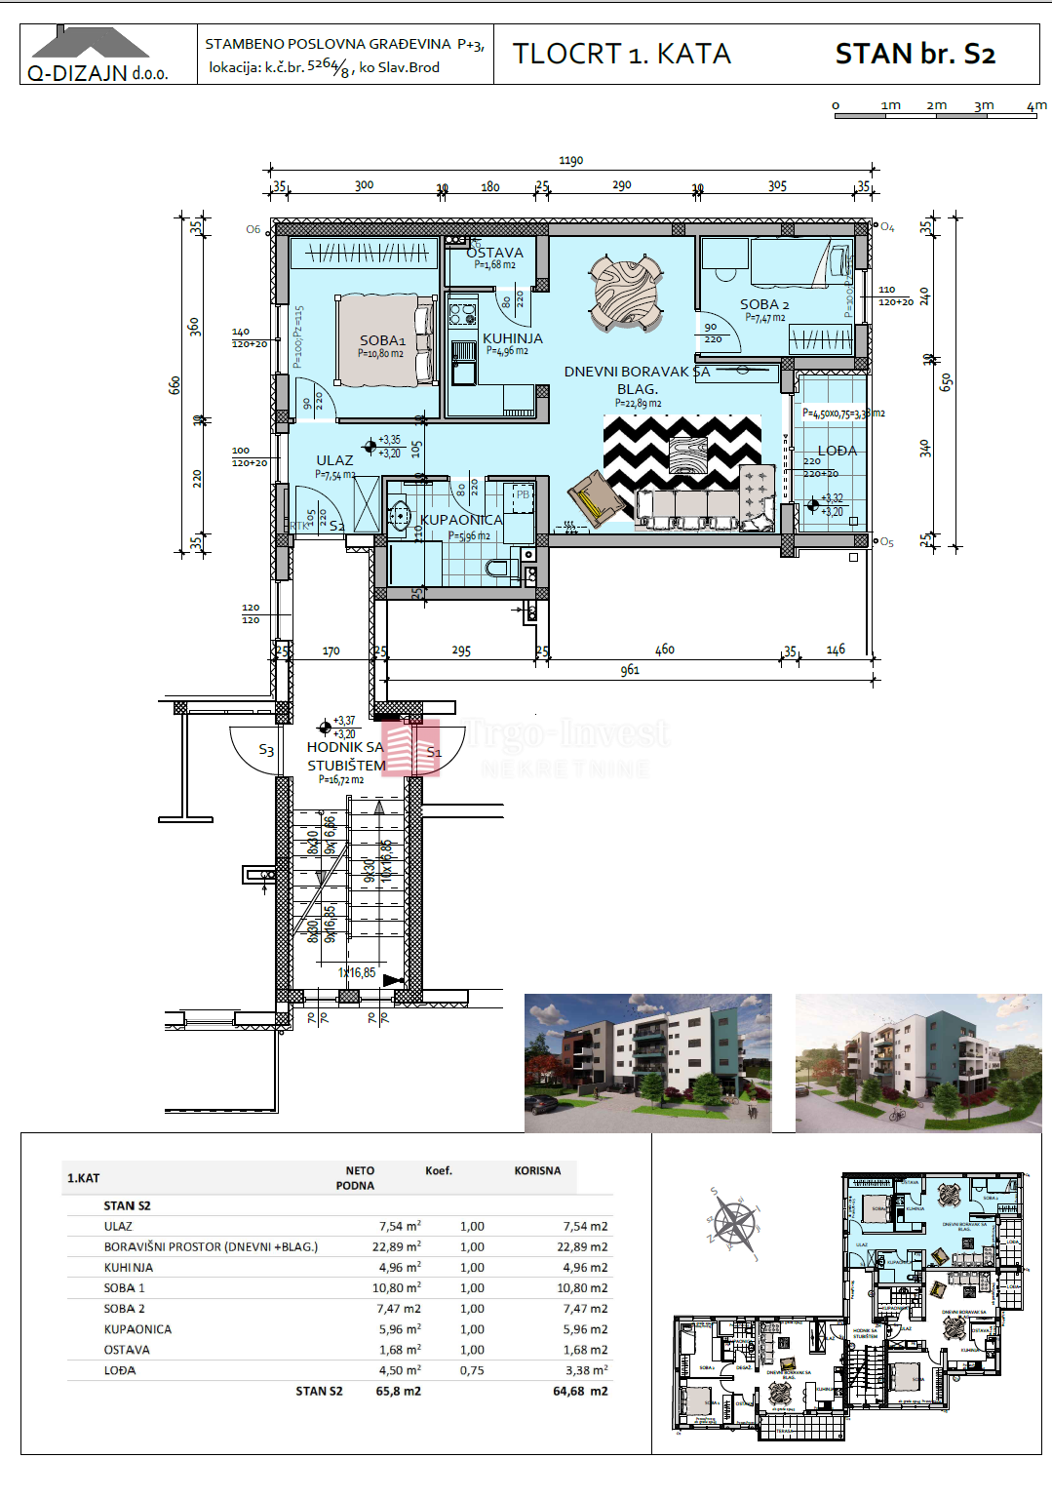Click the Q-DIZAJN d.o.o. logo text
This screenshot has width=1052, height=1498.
pyautogui.click(x=97, y=73)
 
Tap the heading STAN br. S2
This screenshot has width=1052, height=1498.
pyautogui.click(x=915, y=54)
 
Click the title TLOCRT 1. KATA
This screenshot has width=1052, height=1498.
pyautogui.click(x=622, y=54)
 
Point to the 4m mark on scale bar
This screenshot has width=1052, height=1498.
pyautogui.click(x=1035, y=105)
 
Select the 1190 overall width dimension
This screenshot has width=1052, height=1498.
pyautogui.click(x=571, y=161)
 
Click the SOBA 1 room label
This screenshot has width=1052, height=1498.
pyautogui.click(x=382, y=340)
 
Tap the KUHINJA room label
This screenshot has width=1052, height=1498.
pyautogui.click(x=513, y=338)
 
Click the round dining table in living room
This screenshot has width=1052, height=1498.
pyautogui.click(x=626, y=292)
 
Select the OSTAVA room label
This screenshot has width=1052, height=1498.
pyautogui.click(x=495, y=253)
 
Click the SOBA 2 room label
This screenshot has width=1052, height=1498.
pyautogui.click(x=764, y=304)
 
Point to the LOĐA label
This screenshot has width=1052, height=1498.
pyautogui.click(x=838, y=451)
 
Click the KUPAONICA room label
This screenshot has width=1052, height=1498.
pyautogui.click(x=462, y=520)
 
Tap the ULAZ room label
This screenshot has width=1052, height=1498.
pyautogui.click(x=334, y=460)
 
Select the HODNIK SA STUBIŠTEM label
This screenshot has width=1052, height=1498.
pyautogui.click(x=346, y=756)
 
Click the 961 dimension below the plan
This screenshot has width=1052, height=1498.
pyautogui.click(x=630, y=670)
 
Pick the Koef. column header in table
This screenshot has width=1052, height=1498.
pyautogui.click(x=439, y=1170)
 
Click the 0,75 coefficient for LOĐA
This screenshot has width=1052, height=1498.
pyautogui.click(x=472, y=1370)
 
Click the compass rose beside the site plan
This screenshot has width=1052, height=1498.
pyautogui.click(x=734, y=1223)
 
